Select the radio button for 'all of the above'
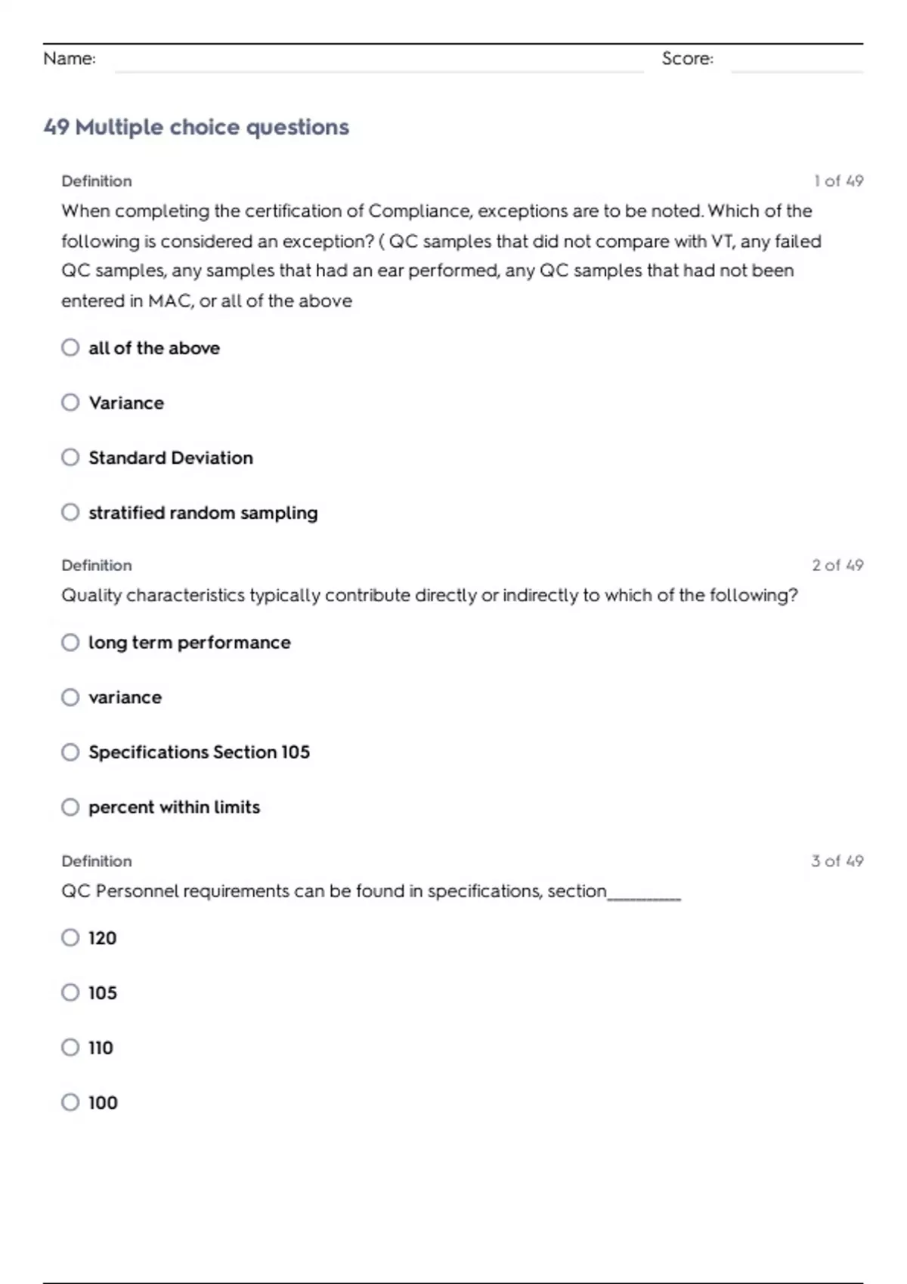click(x=70, y=347)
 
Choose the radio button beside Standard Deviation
click(x=70, y=458)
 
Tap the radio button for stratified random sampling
click(x=70, y=513)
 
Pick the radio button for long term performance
click(x=70, y=643)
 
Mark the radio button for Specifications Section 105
click(x=70, y=752)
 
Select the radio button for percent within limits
click(x=70, y=807)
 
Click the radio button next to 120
click(x=70, y=938)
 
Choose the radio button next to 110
click(x=70, y=1048)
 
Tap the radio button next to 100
click(x=70, y=1103)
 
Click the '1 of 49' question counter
click(x=838, y=181)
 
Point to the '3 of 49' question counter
click(x=837, y=861)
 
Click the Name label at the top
click(x=70, y=59)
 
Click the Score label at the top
click(x=687, y=59)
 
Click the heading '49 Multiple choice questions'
click(x=197, y=127)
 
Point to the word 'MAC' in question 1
click(x=170, y=301)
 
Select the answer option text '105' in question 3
click(x=103, y=993)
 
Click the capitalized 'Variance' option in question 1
click(x=126, y=403)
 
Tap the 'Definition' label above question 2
click(x=97, y=566)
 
